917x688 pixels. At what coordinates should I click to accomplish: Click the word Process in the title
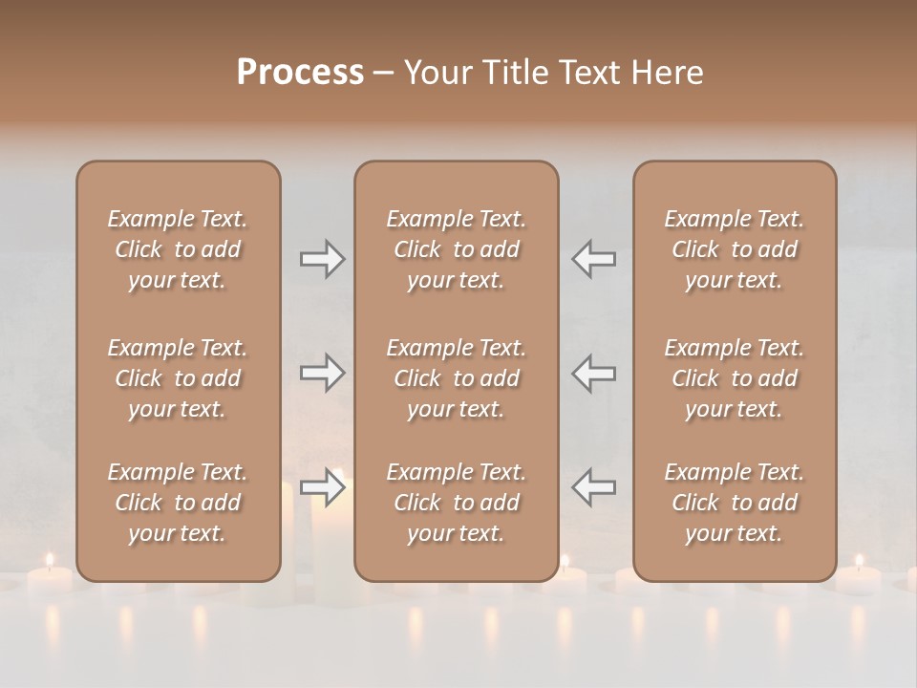[x=300, y=72]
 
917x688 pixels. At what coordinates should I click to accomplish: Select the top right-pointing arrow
[x=322, y=259]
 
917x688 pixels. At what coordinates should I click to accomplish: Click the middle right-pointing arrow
[x=322, y=372]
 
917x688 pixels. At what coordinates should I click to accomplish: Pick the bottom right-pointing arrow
[x=322, y=487]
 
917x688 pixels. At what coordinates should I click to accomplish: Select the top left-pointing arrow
[x=593, y=259]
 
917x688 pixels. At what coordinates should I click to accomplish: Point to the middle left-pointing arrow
[x=593, y=372]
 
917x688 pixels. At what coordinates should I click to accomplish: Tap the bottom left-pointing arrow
[x=593, y=487]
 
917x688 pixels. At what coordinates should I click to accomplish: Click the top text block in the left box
[x=178, y=249]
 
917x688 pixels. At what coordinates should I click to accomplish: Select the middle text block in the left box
[x=178, y=378]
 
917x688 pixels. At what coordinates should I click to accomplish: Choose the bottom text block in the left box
[x=178, y=503]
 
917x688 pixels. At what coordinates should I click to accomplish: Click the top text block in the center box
[x=456, y=249]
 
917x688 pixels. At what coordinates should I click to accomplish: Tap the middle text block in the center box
[x=456, y=378]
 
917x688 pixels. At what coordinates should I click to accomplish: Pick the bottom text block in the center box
[x=456, y=503]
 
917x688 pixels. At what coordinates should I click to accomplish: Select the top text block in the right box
[x=734, y=249]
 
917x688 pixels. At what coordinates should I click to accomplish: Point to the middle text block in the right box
[x=734, y=378]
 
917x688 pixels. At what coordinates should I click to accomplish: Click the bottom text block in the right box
[x=734, y=503]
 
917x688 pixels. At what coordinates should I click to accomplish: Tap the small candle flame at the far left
[x=50, y=560]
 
